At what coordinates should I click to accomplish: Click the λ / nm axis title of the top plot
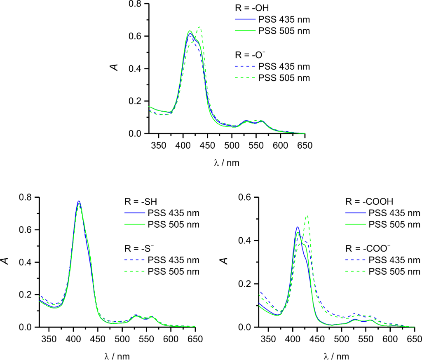(227, 162)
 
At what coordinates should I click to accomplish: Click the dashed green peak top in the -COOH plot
(307, 215)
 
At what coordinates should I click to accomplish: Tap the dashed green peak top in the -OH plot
(199, 27)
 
